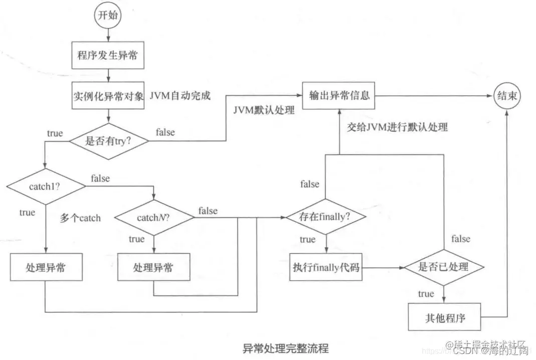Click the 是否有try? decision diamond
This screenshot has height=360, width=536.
point(108,141)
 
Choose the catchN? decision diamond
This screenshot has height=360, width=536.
point(154,217)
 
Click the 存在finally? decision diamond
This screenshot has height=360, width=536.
point(326,217)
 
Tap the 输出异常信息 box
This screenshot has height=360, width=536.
point(339,94)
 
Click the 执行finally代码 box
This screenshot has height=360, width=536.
point(326,267)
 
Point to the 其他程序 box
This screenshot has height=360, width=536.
point(444,317)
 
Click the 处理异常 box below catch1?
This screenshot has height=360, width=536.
point(46,267)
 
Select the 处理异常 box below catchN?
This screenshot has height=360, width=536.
point(153,267)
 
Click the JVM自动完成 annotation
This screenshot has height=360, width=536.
point(180,95)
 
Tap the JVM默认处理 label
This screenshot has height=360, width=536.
point(263,110)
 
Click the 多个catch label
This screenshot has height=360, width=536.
point(80,218)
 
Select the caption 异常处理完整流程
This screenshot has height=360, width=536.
point(286,347)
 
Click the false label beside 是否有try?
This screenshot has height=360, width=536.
point(165,132)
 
